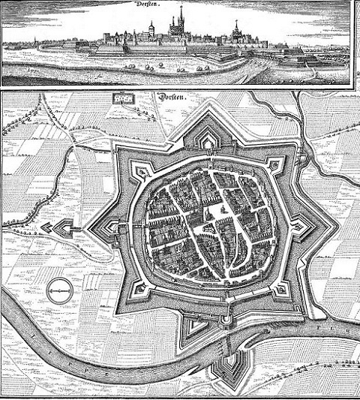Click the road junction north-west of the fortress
pos(75,154)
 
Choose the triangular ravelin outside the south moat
pos(198,325)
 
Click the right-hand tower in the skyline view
pos(235,31)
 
